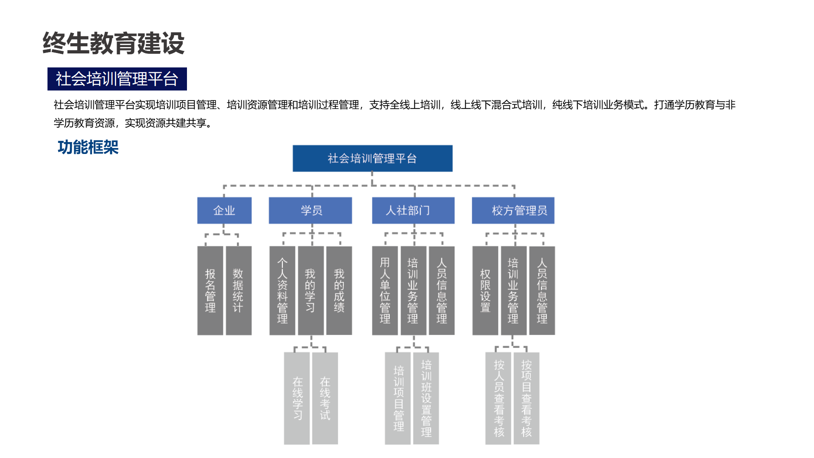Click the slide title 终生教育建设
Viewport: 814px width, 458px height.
pos(114,43)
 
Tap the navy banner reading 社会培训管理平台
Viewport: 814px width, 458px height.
pos(117,79)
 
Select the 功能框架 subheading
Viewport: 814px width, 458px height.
pos(88,147)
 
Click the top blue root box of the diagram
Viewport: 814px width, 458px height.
pos(373,159)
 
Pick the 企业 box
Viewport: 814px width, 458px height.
pos(224,210)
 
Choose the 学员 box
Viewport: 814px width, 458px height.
pos(310,210)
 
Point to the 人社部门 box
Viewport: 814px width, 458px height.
pos(413,210)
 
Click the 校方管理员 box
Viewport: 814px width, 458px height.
pos(513,210)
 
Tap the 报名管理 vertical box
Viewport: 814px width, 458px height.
pos(210,290)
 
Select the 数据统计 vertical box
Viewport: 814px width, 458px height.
pos(239,290)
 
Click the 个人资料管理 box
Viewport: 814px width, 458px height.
pos(282,290)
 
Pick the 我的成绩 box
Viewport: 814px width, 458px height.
pos(339,290)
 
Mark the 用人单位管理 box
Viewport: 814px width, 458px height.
pos(385,290)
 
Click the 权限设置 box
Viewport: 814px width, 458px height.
pos(485,290)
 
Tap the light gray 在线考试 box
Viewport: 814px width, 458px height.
pos(325,398)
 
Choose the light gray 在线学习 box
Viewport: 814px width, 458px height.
pos(297,398)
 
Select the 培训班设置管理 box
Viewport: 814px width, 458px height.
pos(426,398)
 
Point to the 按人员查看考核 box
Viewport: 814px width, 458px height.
pos(498,398)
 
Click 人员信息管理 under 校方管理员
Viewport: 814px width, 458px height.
pos(542,290)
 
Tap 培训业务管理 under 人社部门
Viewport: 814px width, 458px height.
pos(413,290)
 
